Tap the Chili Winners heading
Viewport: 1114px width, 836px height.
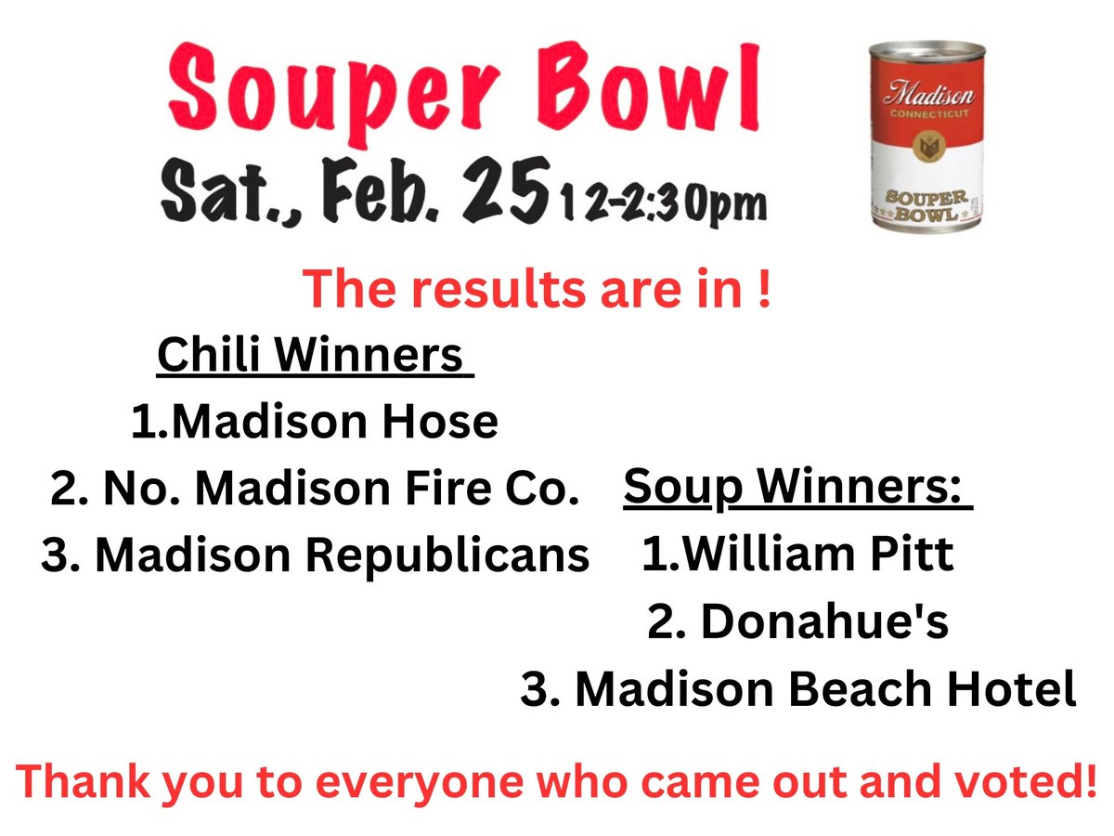click(310, 355)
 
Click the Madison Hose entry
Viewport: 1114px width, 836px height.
click(315, 423)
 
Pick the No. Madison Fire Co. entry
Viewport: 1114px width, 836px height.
click(315, 490)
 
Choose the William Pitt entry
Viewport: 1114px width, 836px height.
click(797, 555)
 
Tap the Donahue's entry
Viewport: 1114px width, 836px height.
click(797, 622)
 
